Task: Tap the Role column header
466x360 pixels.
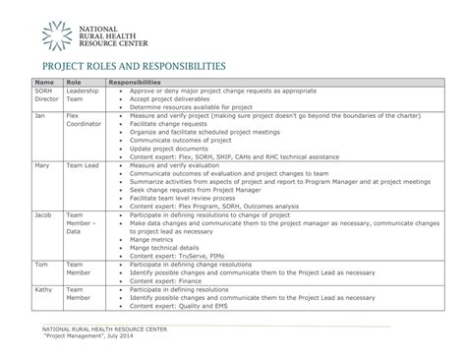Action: point(73,83)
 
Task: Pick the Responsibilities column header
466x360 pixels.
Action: point(135,83)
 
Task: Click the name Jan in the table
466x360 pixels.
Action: point(40,115)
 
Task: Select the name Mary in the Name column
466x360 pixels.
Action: point(42,166)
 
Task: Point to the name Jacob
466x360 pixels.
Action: point(44,214)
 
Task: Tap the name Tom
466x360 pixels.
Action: point(40,265)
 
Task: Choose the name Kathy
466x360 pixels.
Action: point(43,290)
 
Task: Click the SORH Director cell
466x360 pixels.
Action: point(47,95)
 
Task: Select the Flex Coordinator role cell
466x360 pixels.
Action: point(82,120)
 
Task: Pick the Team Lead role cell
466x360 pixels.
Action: point(83,166)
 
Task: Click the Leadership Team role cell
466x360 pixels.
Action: point(83,95)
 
